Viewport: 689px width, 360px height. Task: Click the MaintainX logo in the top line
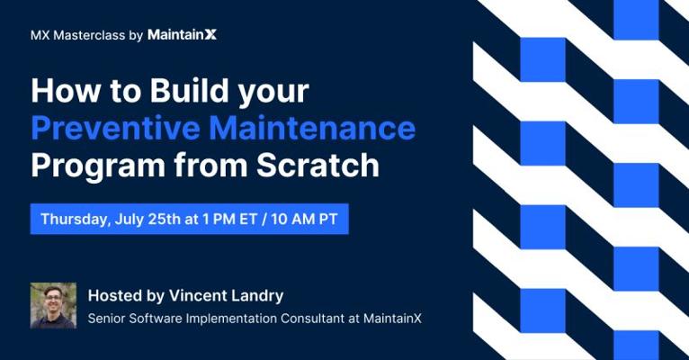182,35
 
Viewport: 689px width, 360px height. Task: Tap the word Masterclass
89,35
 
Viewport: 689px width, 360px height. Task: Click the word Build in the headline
190,90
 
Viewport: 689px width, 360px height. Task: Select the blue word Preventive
115,128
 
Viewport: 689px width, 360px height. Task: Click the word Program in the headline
98,166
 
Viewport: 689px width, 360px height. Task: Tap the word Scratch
318,166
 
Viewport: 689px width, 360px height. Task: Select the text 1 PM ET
229,219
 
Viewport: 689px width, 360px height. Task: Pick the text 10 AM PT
305,219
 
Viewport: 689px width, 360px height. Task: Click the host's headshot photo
53,305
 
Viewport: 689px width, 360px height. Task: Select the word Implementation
231,319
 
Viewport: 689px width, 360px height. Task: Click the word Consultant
313,319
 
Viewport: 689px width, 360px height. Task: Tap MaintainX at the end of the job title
392,319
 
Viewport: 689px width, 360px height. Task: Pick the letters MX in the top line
40,35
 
